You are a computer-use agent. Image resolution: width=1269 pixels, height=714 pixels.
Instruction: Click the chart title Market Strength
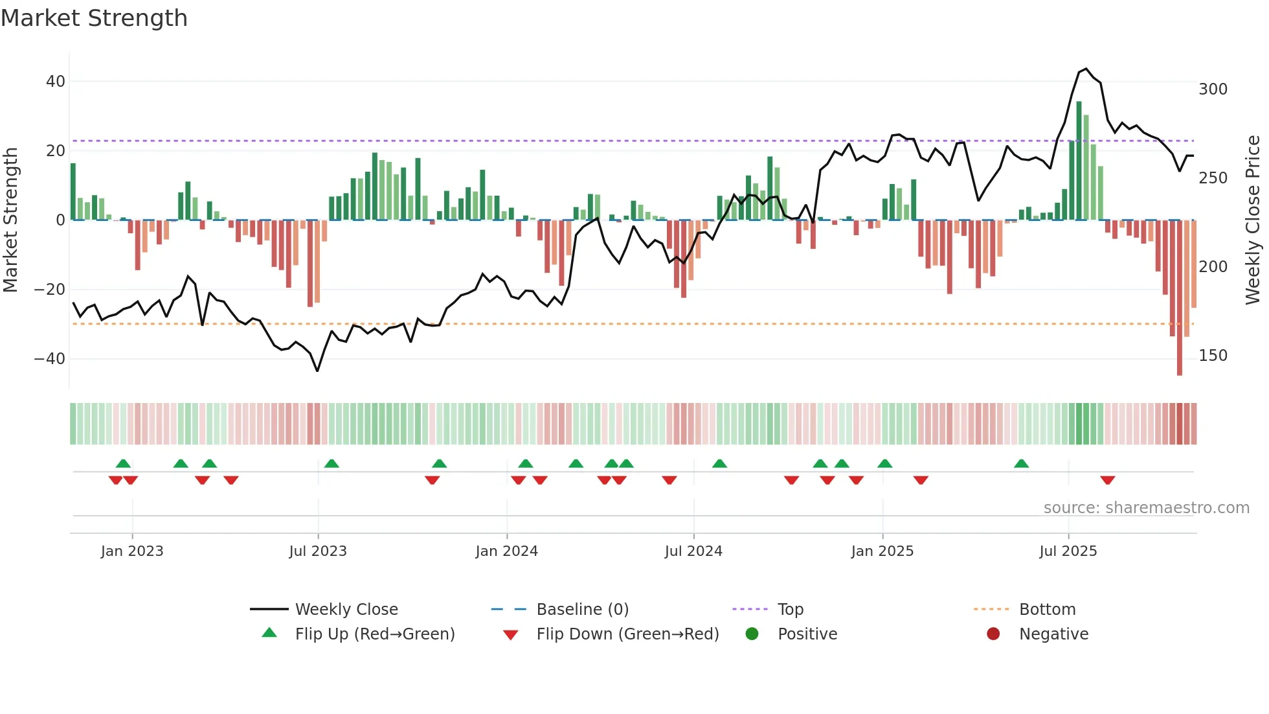coord(94,18)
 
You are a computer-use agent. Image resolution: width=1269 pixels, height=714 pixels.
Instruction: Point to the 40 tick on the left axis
coord(56,82)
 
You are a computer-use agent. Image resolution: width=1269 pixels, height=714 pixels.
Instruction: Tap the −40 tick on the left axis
coord(51,359)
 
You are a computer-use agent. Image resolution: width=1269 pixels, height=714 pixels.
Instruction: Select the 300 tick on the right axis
coord(1213,89)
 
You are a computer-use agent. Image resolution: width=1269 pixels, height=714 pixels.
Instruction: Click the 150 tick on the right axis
coord(1213,356)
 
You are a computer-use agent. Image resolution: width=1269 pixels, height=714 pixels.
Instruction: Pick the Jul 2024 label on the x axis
coord(693,551)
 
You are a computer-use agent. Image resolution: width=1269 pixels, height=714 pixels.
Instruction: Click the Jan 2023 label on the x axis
coord(132,551)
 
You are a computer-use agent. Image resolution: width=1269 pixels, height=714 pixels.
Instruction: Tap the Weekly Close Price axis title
coord(1253,220)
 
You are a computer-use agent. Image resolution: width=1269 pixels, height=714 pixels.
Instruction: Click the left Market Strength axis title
coord(10,220)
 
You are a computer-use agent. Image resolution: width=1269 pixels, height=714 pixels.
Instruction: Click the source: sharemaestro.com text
coord(1146,508)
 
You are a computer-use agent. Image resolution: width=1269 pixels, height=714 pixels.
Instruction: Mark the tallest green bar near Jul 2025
coord(1079,162)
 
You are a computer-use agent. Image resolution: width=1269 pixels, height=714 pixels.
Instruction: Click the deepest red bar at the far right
coord(1180,298)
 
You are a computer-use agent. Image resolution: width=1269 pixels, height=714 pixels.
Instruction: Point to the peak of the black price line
coord(1086,69)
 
